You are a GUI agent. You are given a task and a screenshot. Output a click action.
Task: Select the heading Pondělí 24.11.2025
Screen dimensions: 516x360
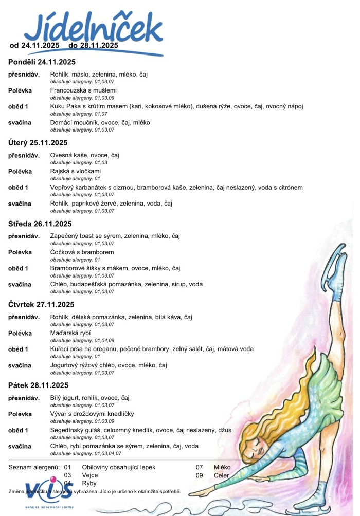[x=42, y=62]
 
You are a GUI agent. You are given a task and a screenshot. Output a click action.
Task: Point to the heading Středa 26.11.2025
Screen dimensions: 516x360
[x=40, y=224]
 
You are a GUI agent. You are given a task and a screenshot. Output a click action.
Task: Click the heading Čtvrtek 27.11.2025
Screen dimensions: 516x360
[x=42, y=304]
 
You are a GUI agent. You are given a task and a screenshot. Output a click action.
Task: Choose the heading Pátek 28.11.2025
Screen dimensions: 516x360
[x=39, y=385]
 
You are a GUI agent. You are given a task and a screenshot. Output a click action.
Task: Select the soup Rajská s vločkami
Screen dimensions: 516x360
[x=75, y=171]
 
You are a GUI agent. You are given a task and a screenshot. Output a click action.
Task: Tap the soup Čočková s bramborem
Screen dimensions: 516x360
[x=82, y=252]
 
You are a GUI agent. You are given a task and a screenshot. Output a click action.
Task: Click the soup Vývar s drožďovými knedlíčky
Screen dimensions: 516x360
[x=92, y=414]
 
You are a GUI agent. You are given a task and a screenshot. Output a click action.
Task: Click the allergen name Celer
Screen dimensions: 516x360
[x=222, y=475]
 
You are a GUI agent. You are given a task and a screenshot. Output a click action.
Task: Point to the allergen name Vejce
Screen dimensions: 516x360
[x=91, y=475]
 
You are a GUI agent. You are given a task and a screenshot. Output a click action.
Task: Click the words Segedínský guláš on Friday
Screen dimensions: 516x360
[x=77, y=430]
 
